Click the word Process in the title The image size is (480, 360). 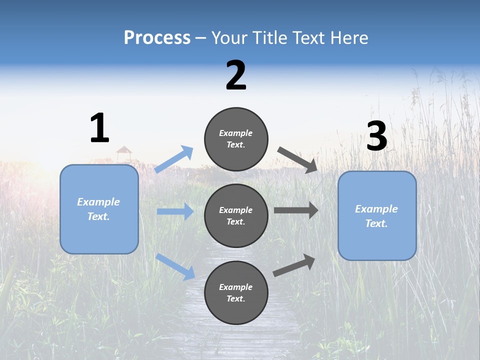click(x=157, y=38)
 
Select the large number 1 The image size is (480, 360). click(x=99, y=128)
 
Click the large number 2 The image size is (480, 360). click(x=236, y=75)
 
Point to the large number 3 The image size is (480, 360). click(x=376, y=136)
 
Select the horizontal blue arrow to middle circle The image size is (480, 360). click(x=175, y=211)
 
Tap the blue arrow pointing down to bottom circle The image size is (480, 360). click(x=175, y=266)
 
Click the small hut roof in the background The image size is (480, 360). click(x=123, y=150)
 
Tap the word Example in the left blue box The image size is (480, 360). click(x=98, y=202)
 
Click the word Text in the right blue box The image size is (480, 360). click(x=375, y=223)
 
